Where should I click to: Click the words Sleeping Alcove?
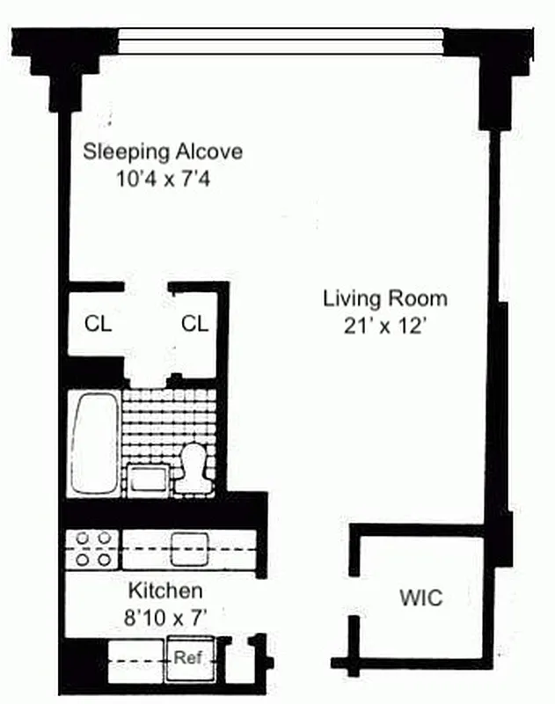click(x=163, y=151)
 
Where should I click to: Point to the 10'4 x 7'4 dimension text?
click(x=163, y=180)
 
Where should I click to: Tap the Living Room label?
click(x=384, y=298)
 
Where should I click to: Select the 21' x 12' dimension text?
click(x=384, y=326)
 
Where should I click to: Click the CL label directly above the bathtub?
click(x=98, y=324)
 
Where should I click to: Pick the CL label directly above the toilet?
click(x=194, y=324)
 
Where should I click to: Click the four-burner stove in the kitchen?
click(x=92, y=547)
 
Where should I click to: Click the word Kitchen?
click(x=165, y=590)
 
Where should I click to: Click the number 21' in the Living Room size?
click(x=357, y=326)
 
